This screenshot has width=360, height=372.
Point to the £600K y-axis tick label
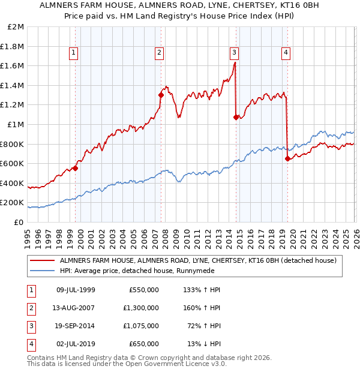coord(12,164)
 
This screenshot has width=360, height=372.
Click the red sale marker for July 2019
coord(287,158)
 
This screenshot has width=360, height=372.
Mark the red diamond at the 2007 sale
coord(161,95)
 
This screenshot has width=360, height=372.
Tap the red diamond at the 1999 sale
coord(76,168)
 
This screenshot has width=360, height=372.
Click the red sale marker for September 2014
coord(236,117)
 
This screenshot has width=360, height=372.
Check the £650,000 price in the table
coord(144,343)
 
